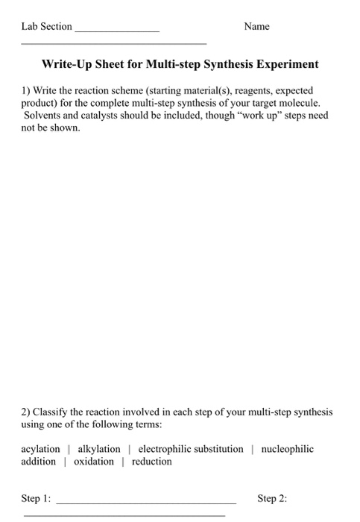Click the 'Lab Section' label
[46, 26]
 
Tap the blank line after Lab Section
[117, 29]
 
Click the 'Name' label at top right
[256, 26]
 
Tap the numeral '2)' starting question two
[25, 412]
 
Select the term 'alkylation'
[99, 449]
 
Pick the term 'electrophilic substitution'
[191, 449]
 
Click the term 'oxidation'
[94, 462]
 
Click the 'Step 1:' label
[37, 497]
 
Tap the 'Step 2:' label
[272, 497]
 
